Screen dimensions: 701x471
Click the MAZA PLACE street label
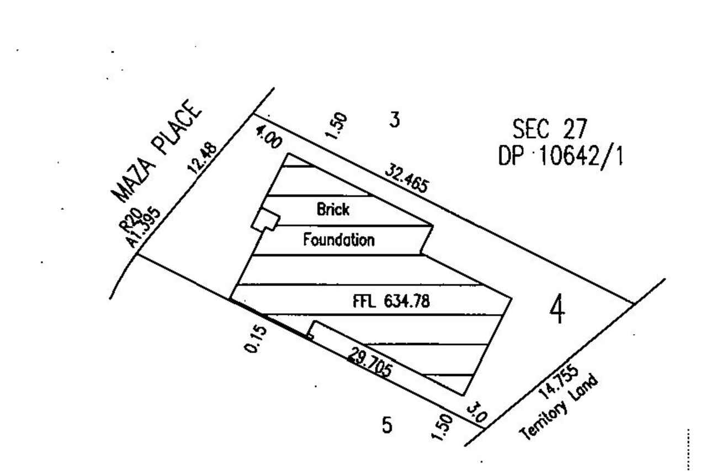click(x=156, y=151)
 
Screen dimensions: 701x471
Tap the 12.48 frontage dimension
click(x=202, y=158)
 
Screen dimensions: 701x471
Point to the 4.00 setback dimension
click(x=269, y=137)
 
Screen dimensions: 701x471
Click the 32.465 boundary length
click(x=406, y=179)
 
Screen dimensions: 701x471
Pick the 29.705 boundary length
click(x=370, y=362)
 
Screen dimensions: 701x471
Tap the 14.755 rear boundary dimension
click(x=559, y=382)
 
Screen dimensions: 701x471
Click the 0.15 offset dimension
click(x=255, y=340)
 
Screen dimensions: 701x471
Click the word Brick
click(x=333, y=209)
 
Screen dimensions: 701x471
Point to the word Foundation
click(x=339, y=240)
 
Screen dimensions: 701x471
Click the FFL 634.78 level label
click(x=391, y=301)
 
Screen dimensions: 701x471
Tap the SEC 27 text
click(x=550, y=129)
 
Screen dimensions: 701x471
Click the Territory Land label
click(x=559, y=407)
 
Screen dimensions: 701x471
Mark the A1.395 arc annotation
click(x=143, y=228)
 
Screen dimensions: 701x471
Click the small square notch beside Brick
click(x=265, y=220)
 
